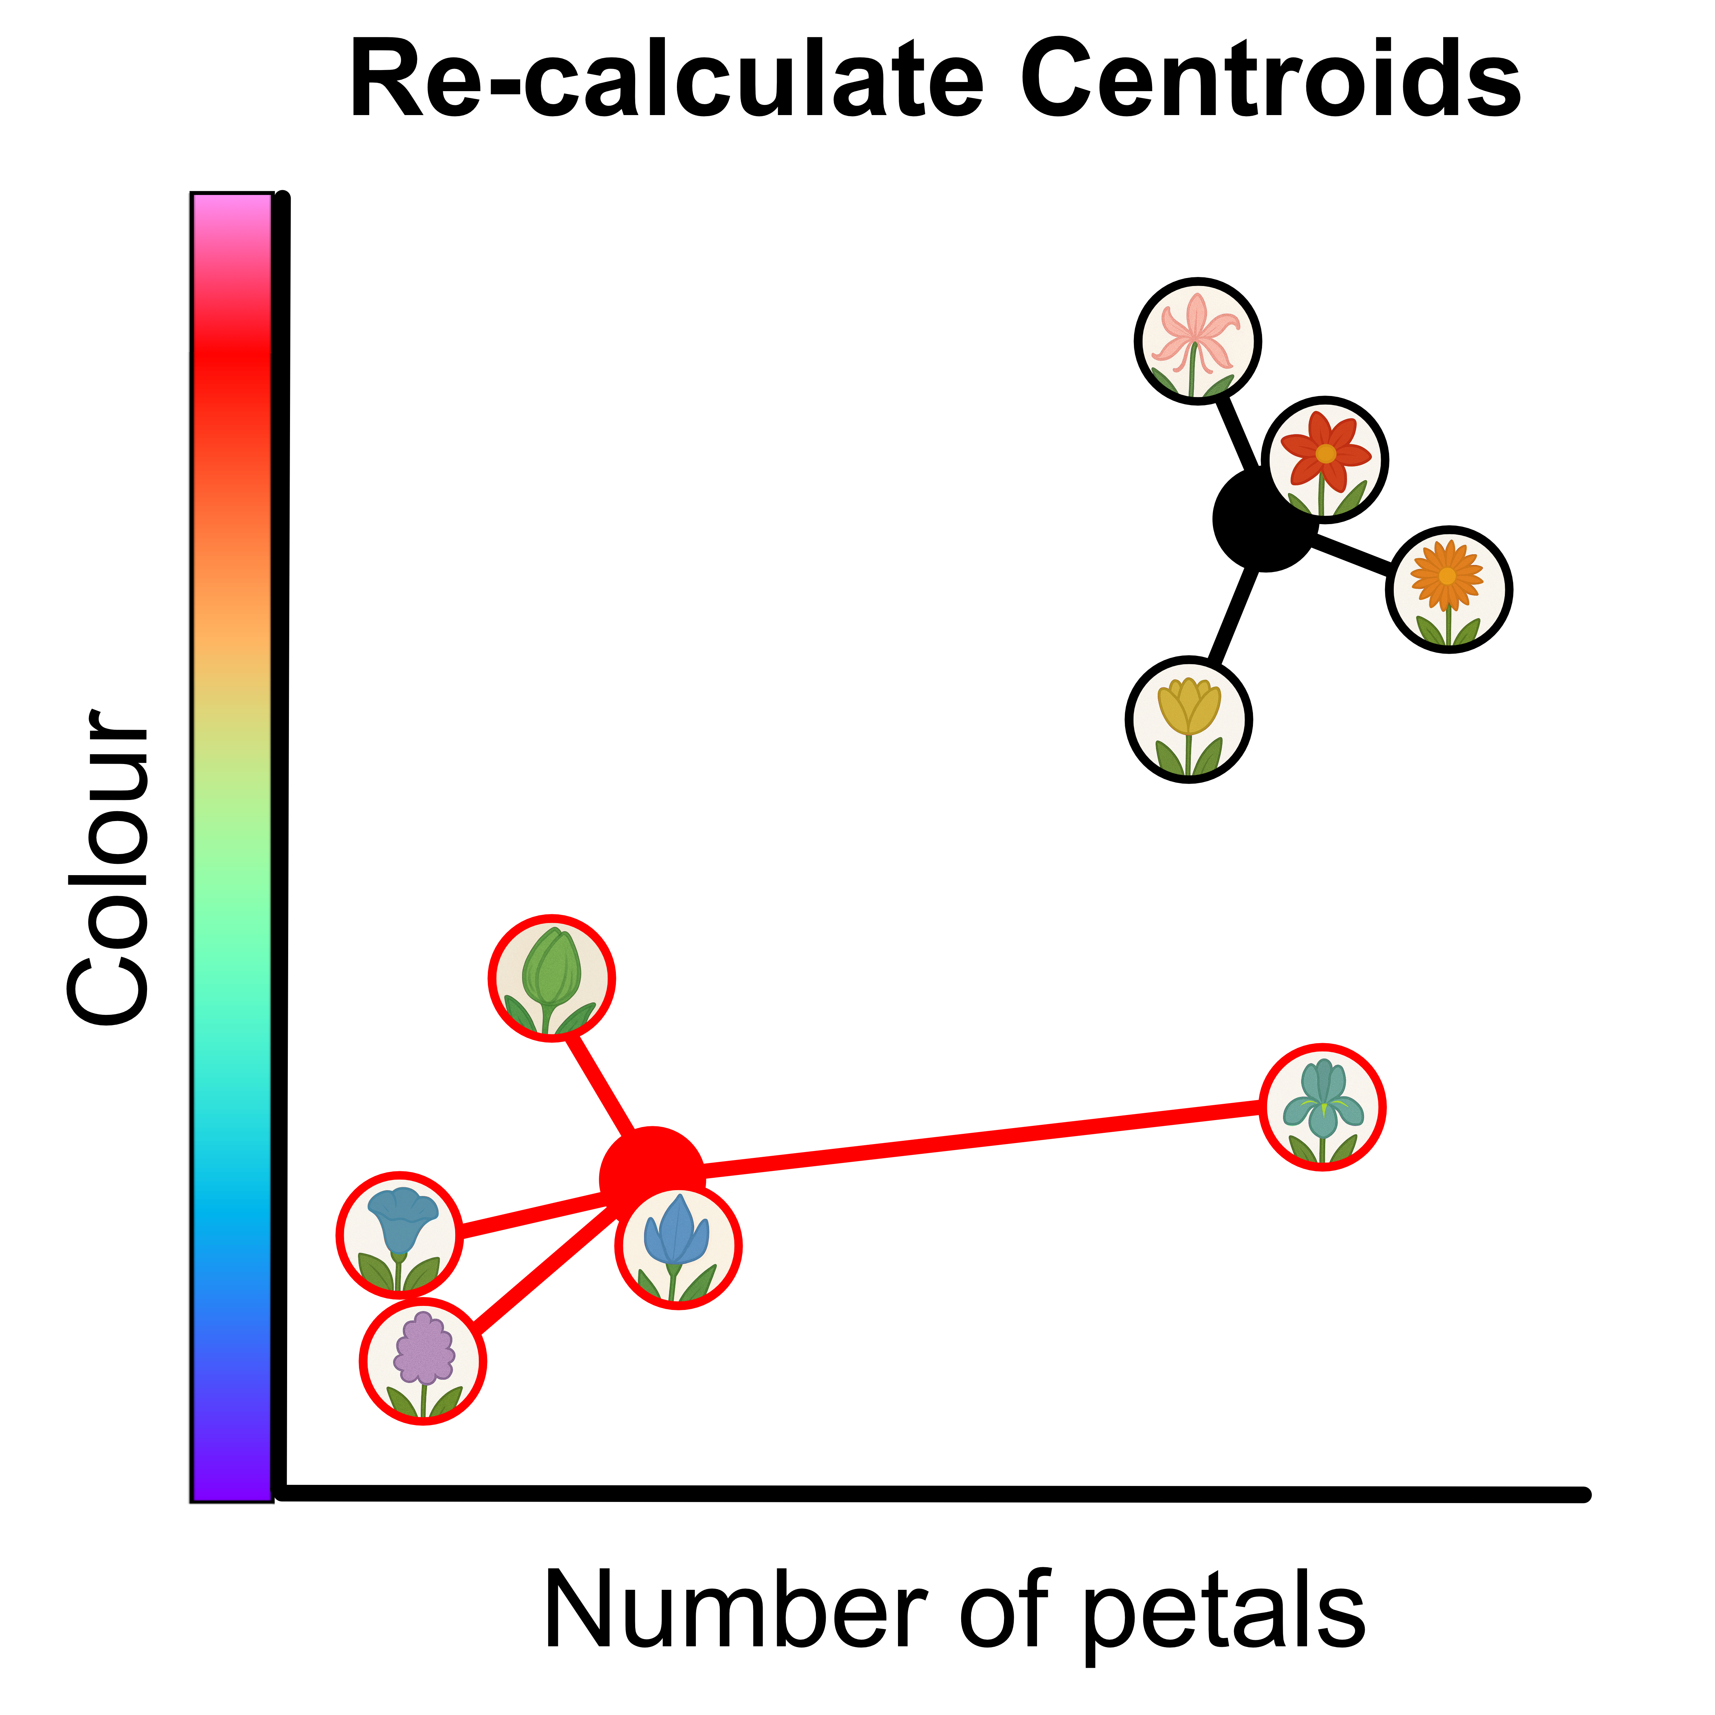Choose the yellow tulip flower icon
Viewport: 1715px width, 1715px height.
1189,719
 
